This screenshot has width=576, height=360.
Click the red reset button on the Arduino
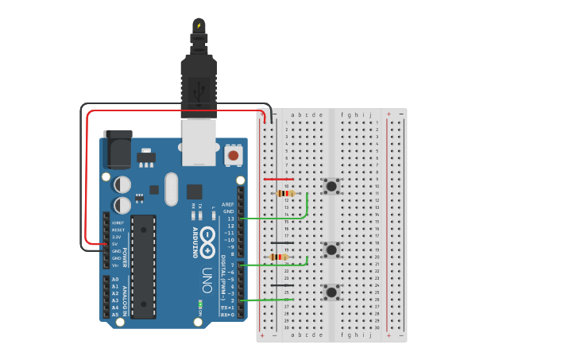[x=233, y=155]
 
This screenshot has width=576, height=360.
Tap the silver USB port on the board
[x=199, y=141]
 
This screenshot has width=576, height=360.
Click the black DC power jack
[x=117, y=149]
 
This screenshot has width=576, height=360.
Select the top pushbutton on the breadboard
[x=331, y=186]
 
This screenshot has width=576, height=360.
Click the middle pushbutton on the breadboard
[x=331, y=250]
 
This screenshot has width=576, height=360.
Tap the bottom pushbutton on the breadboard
[x=331, y=292]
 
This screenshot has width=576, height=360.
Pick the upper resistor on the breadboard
[x=284, y=193]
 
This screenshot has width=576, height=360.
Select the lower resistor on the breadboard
[x=278, y=257]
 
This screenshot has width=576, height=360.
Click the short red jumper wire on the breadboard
[x=278, y=179]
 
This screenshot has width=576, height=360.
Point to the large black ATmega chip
[x=143, y=266]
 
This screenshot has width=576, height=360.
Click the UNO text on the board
[x=207, y=279]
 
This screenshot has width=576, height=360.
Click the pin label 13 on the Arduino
[x=230, y=219]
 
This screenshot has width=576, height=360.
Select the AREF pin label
[x=228, y=204]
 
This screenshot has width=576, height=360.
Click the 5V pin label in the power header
[x=116, y=244]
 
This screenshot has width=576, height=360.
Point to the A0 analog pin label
[x=115, y=280]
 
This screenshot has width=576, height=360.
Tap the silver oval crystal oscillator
[x=172, y=189]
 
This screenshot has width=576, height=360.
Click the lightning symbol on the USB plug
[x=199, y=25]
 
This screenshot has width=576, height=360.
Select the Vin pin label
[x=115, y=265]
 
